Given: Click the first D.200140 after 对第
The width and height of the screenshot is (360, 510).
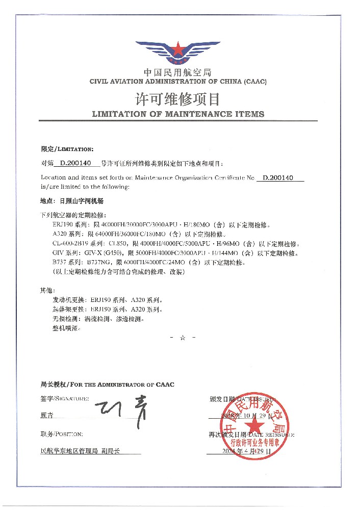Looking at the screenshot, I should pyautogui.click(x=75, y=164).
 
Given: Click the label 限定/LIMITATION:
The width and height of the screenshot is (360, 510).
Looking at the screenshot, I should pyautogui.click(x=67, y=149).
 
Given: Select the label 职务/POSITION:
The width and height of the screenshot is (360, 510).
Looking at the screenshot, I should pyautogui.click(x=61, y=434).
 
